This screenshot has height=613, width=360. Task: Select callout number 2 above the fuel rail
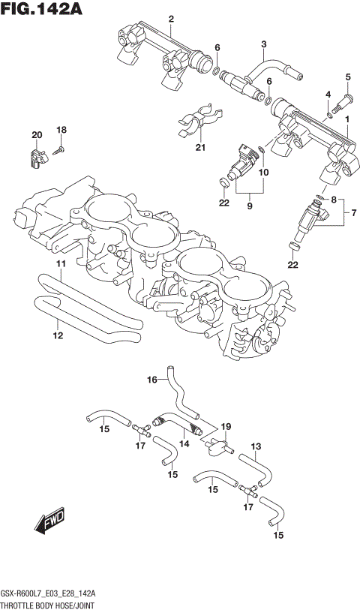click(171, 19)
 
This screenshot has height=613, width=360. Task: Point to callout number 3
click(264, 44)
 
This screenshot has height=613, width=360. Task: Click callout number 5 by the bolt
click(348, 77)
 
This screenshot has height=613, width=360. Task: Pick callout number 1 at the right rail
click(347, 119)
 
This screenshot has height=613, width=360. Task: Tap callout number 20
click(36, 134)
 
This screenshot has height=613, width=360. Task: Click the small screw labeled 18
click(59, 150)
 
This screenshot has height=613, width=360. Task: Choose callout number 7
click(347, 214)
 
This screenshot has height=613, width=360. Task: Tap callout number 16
click(151, 380)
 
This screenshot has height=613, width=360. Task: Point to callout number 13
click(256, 447)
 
